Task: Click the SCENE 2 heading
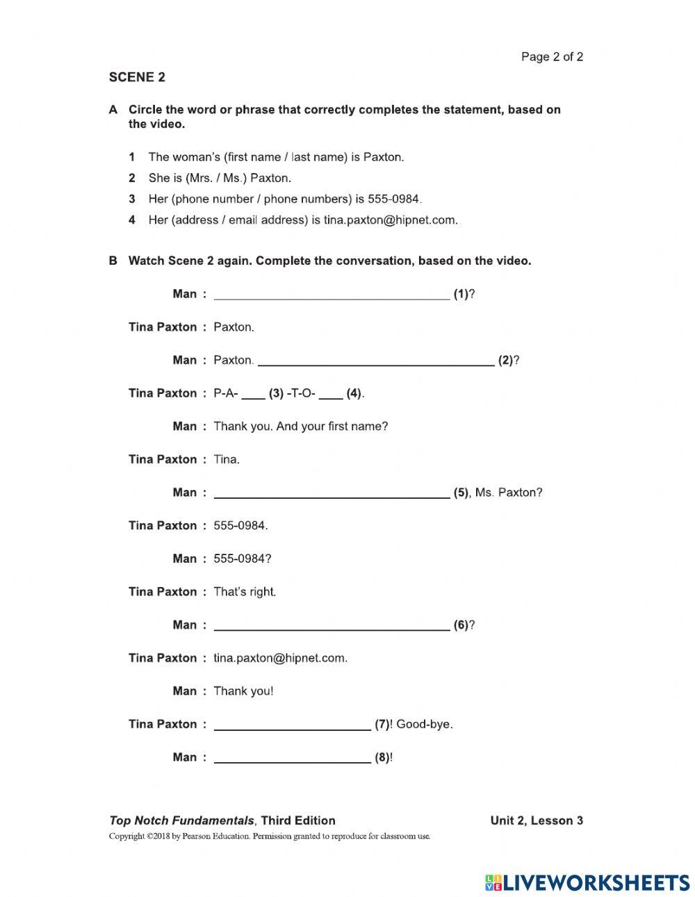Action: click(x=137, y=77)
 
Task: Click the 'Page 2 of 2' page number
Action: click(x=552, y=57)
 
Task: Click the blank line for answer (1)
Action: click(x=332, y=295)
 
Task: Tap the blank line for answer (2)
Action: click(x=375, y=361)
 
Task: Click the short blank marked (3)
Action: click(x=253, y=394)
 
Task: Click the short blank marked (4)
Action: click(x=331, y=394)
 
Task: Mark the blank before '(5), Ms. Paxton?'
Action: click(x=332, y=493)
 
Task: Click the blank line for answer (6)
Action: click(x=332, y=625)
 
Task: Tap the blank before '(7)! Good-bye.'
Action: click(x=292, y=725)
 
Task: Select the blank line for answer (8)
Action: click(x=292, y=758)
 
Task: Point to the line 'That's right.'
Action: click(x=245, y=592)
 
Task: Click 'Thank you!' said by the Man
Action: click(x=243, y=691)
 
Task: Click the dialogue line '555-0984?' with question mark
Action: click(x=242, y=559)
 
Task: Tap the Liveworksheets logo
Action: click(x=587, y=882)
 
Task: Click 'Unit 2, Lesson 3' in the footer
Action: click(x=536, y=821)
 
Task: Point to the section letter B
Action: click(x=113, y=261)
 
